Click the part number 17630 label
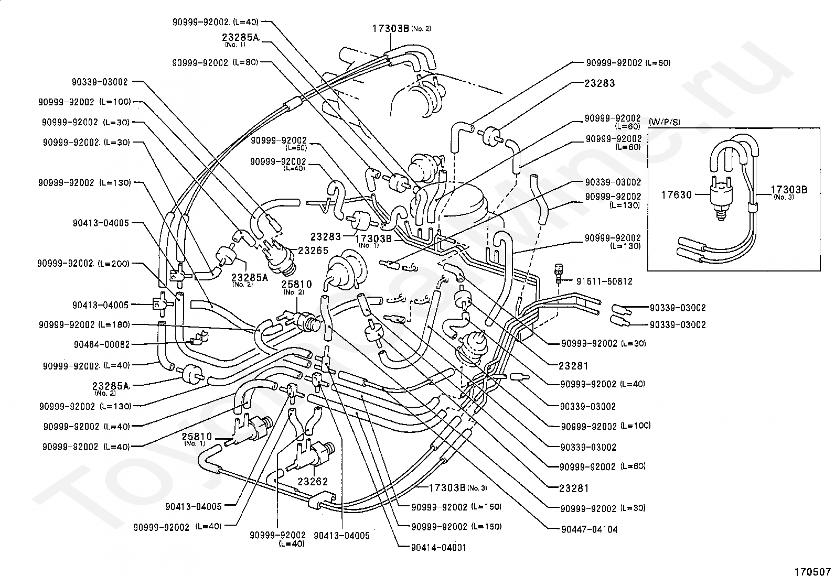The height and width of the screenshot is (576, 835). point(676,195)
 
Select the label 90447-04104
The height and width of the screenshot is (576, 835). point(589,529)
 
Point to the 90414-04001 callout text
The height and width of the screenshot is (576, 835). point(440,548)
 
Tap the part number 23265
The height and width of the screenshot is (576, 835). point(313,251)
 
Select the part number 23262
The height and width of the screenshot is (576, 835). point(313,482)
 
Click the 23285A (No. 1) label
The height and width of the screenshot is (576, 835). point(240,38)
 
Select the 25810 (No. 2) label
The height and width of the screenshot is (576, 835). point(296,286)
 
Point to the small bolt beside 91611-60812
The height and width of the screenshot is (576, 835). point(559,272)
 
